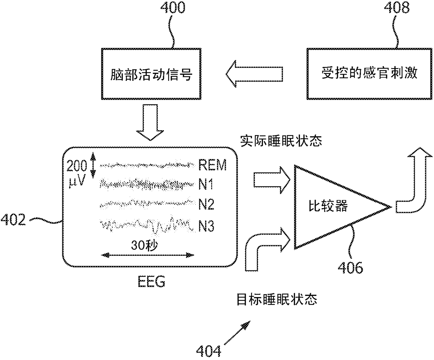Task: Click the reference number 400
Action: [173, 7]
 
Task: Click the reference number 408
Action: [397, 7]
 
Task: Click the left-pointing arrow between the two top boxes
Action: [254, 74]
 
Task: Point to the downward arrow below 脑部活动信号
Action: [150, 122]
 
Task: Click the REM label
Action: [212, 165]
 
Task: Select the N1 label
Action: [206, 184]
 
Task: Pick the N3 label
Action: [206, 226]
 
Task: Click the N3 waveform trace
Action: [148, 225]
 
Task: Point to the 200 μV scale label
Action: [77, 174]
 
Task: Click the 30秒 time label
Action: [145, 245]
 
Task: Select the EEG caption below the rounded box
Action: [152, 282]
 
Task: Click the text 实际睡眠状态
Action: [281, 141]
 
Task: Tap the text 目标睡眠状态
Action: [277, 299]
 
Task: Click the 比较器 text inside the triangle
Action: [328, 206]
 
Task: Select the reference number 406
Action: [350, 268]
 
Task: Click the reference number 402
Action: [13, 220]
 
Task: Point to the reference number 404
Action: [209, 351]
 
